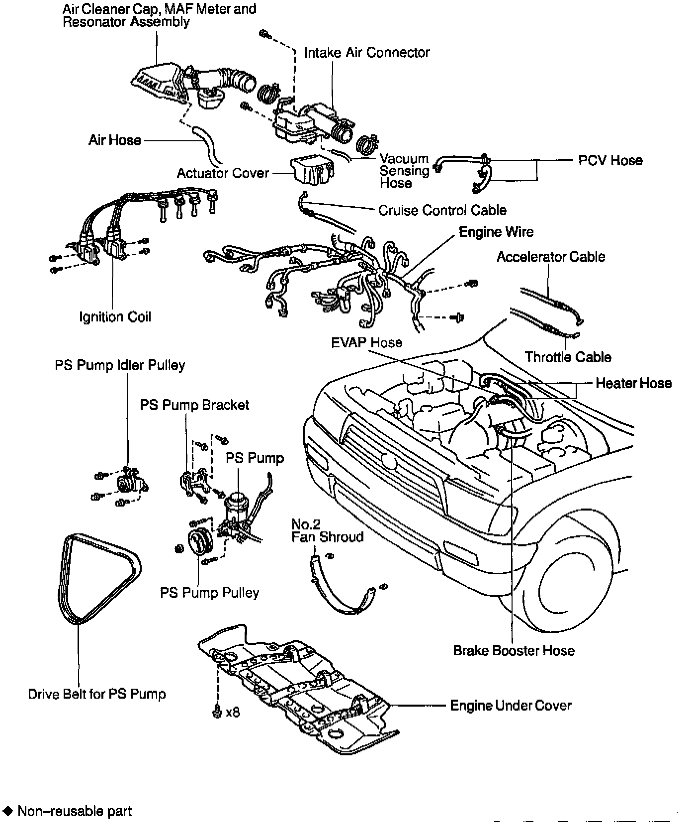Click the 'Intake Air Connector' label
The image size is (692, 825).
366,52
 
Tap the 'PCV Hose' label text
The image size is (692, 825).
610,161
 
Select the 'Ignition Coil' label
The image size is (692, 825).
115,317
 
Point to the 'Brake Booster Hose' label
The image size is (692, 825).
514,650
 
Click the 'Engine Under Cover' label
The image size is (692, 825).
511,705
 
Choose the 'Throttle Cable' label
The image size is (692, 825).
568,357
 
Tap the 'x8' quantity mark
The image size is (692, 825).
232,712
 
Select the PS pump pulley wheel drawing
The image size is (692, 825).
200,543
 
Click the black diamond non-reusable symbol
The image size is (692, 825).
7,811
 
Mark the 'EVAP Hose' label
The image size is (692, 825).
366,342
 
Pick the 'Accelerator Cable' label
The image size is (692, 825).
551,257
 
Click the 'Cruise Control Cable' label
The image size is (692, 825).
442,210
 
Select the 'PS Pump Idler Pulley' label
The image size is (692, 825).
120,365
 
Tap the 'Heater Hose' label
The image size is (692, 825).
633,383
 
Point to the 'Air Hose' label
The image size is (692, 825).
115,140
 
